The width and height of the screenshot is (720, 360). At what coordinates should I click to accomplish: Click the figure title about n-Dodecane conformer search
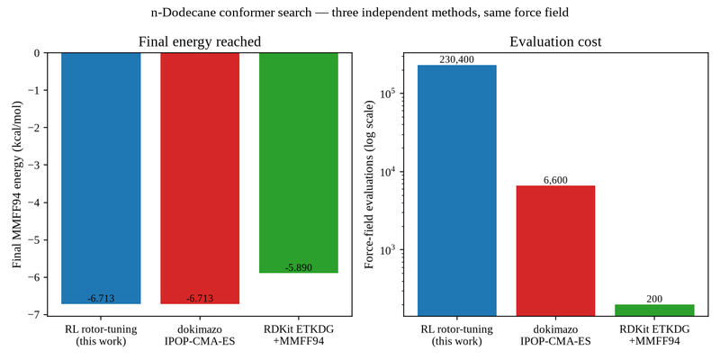point(359,13)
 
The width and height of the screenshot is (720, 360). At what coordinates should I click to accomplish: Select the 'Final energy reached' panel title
point(200,42)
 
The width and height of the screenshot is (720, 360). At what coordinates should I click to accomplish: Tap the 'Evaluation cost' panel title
point(555,42)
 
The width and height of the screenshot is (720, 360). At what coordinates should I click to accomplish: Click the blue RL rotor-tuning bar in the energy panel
point(101,178)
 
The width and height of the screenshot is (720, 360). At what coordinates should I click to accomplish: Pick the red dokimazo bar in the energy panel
point(200,178)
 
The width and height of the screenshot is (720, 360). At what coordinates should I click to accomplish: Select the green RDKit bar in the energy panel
point(299,163)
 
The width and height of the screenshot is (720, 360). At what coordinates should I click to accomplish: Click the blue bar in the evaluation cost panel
point(457,191)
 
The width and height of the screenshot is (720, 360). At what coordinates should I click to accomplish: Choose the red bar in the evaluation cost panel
point(555,251)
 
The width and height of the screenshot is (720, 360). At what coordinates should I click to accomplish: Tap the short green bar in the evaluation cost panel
point(654,310)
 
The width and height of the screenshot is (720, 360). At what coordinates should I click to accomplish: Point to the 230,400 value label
point(457,59)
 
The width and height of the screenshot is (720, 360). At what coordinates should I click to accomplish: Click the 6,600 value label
point(555,180)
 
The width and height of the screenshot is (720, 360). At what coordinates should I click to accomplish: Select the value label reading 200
point(654,299)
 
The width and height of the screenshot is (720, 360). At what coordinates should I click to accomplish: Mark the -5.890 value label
point(299,267)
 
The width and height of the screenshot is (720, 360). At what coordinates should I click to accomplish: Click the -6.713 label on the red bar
point(200,299)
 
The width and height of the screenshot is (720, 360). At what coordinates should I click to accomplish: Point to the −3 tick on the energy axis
point(37,165)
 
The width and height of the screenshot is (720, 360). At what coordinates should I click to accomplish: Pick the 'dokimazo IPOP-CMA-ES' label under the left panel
point(200,335)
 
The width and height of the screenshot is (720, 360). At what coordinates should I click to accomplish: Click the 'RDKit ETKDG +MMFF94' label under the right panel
point(654,335)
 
